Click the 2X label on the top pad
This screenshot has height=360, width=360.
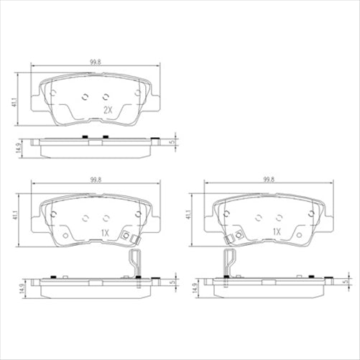pyautogui.click(x=109, y=110)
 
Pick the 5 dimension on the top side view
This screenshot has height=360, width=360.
pyautogui.click(x=172, y=142)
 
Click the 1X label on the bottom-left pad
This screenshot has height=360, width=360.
pyautogui.click(x=104, y=233)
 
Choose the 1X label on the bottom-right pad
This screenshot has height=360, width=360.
pyautogui.click(x=276, y=233)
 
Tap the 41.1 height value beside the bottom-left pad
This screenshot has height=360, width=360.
pyautogui.click(x=14, y=213)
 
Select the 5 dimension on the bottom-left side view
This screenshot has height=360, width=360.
pyautogui.click(x=172, y=282)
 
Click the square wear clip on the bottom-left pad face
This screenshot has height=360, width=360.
pyautogui.click(x=129, y=238)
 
